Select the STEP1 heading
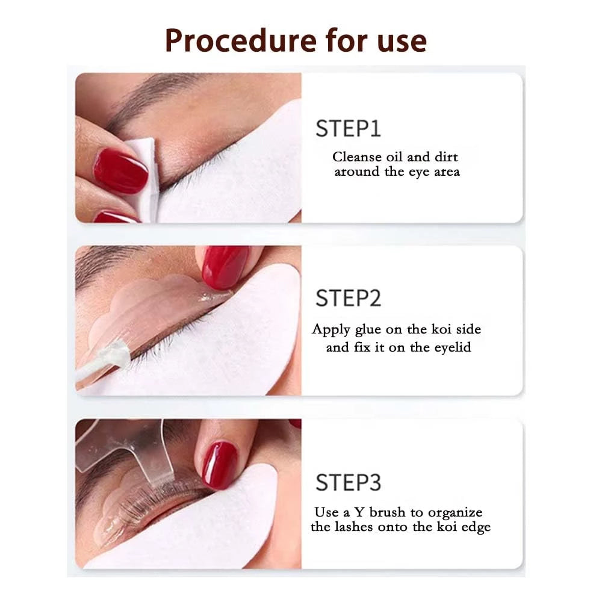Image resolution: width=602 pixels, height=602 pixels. click(348, 129)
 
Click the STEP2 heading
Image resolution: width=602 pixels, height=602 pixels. click(348, 298)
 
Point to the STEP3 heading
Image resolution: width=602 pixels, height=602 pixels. click(348, 482)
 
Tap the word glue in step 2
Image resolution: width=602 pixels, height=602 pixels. click(371, 329)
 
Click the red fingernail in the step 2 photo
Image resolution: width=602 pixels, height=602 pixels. click(225, 267)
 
